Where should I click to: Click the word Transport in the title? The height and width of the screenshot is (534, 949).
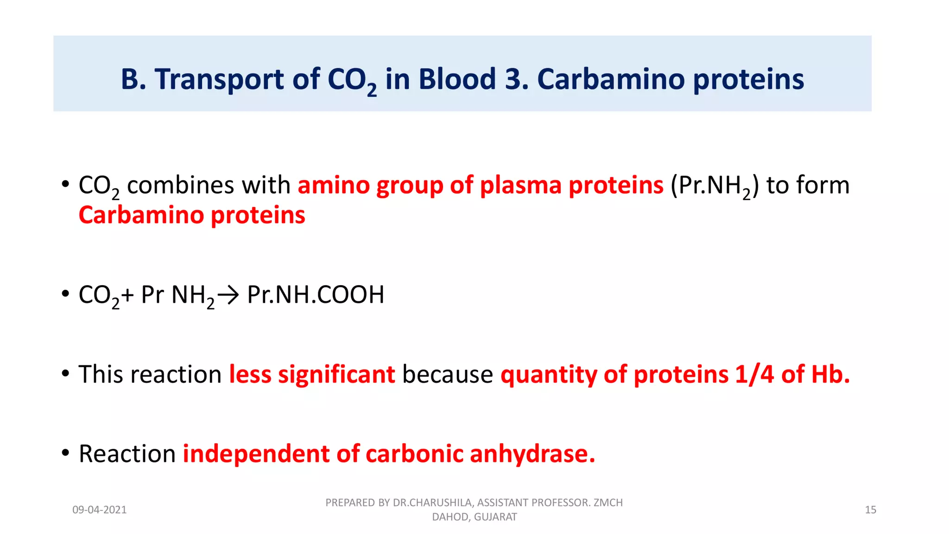pyautogui.click(x=219, y=80)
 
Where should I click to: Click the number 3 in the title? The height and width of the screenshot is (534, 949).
pyautogui.click(x=513, y=79)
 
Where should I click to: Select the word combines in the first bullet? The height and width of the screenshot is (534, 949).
pyautogui.click(x=180, y=185)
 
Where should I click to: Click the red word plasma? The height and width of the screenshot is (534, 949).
pyautogui.click(x=521, y=185)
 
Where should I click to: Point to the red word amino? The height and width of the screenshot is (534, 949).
pyautogui.click(x=333, y=185)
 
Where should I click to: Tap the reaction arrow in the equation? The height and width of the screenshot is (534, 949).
pyautogui.click(x=228, y=295)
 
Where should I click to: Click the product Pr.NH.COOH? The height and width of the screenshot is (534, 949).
pyautogui.click(x=316, y=295)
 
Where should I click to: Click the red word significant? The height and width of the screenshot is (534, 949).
pyautogui.click(x=336, y=374)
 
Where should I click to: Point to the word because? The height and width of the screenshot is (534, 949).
pyautogui.click(x=447, y=374)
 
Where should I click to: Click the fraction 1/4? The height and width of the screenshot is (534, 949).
pyautogui.click(x=754, y=374)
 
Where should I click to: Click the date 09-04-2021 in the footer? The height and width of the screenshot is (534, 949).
pyautogui.click(x=99, y=510)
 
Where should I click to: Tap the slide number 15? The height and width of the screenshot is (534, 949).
pyautogui.click(x=870, y=510)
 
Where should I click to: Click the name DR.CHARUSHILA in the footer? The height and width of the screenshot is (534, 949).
pyautogui.click(x=432, y=502)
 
